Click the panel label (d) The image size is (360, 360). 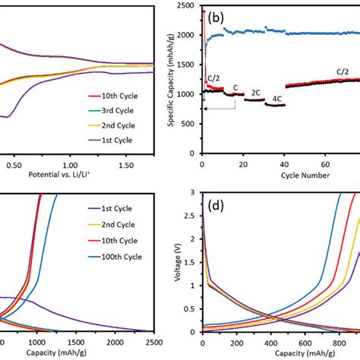219,205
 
